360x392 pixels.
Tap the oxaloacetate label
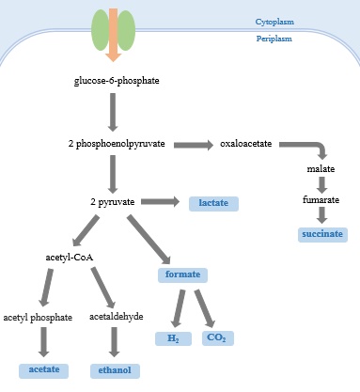click(x=246, y=144)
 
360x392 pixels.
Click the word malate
click(x=321, y=169)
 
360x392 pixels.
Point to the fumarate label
click(x=321, y=200)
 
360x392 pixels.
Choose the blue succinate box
click(x=321, y=233)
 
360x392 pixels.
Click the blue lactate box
click(x=213, y=203)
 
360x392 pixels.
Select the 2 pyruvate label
click(x=112, y=202)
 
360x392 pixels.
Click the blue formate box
click(x=181, y=275)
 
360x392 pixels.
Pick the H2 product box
click(x=173, y=337)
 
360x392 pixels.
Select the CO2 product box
click(x=218, y=337)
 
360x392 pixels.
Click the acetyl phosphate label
click(x=38, y=317)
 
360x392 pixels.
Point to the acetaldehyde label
click(x=116, y=317)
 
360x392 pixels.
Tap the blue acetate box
click(x=44, y=369)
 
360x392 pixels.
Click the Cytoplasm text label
click(x=274, y=21)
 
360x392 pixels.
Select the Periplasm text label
click(x=274, y=39)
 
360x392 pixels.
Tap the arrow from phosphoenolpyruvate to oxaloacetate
click(x=194, y=145)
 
